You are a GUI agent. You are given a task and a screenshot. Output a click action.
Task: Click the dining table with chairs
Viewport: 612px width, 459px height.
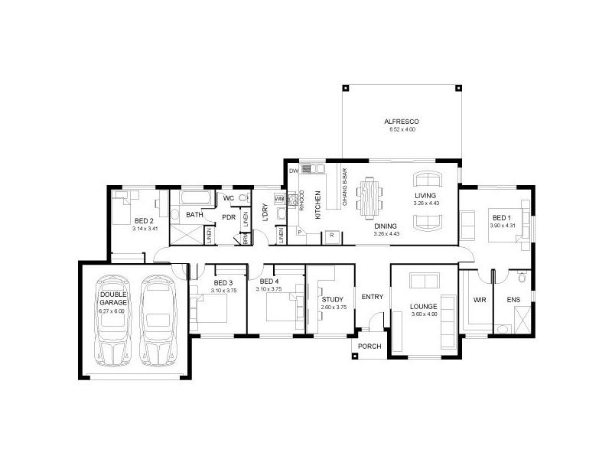coord(371,198)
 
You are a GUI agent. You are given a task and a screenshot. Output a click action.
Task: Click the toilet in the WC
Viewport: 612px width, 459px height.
coord(243,199)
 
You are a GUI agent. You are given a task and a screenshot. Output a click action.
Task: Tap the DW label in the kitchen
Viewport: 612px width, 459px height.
coord(293,171)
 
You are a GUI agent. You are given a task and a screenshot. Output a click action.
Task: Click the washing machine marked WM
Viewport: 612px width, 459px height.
coord(279,200)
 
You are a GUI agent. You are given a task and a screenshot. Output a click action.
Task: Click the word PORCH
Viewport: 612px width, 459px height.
coord(369,347)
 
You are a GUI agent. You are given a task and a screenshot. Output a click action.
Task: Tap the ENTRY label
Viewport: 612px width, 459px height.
coord(372,298)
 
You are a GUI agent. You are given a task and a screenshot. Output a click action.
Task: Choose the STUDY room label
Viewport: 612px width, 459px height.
coord(333,299)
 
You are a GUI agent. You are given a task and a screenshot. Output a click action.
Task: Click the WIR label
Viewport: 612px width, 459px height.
coord(480,300)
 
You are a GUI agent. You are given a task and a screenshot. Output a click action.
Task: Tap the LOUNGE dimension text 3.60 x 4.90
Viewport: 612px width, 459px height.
coord(422,314)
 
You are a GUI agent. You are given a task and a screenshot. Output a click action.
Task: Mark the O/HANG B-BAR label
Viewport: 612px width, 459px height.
coord(345,193)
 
